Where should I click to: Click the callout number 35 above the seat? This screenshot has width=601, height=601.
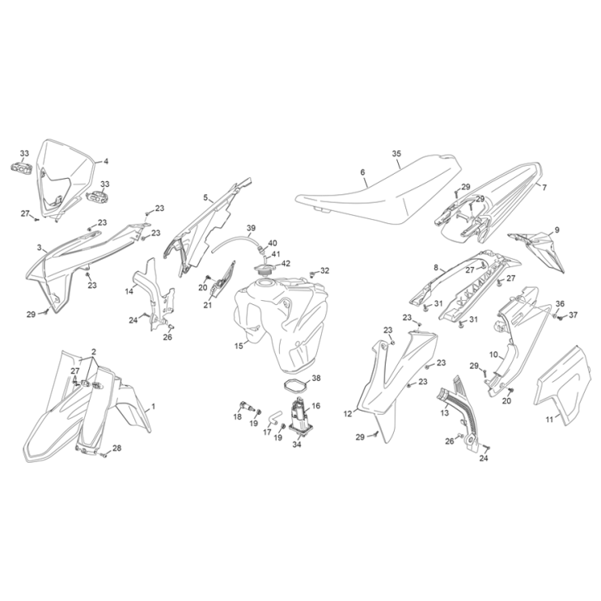click(396, 154)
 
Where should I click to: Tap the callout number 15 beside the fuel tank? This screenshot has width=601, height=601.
click(239, 346)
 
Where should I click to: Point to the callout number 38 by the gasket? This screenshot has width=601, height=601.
click(316, 379)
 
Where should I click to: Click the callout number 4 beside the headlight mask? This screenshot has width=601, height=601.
click(106, 161)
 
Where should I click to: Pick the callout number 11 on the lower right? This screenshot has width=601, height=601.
click(550, 420)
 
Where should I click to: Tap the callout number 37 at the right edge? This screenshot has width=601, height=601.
click(573, 315)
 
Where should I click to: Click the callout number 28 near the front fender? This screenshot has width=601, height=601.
click(116, 448)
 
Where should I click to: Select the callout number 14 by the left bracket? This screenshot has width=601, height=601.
click(129, 292)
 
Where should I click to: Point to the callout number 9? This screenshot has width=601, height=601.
click(557, 230)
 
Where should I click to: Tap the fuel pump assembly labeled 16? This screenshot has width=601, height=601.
click(300, 417)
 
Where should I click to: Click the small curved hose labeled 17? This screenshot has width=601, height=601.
click(274, 417)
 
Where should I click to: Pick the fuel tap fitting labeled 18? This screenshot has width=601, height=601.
click(246, 406)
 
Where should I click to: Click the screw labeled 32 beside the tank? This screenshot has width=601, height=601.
click(312, 273)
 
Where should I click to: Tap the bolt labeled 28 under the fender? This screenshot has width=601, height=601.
click(104, 455)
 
